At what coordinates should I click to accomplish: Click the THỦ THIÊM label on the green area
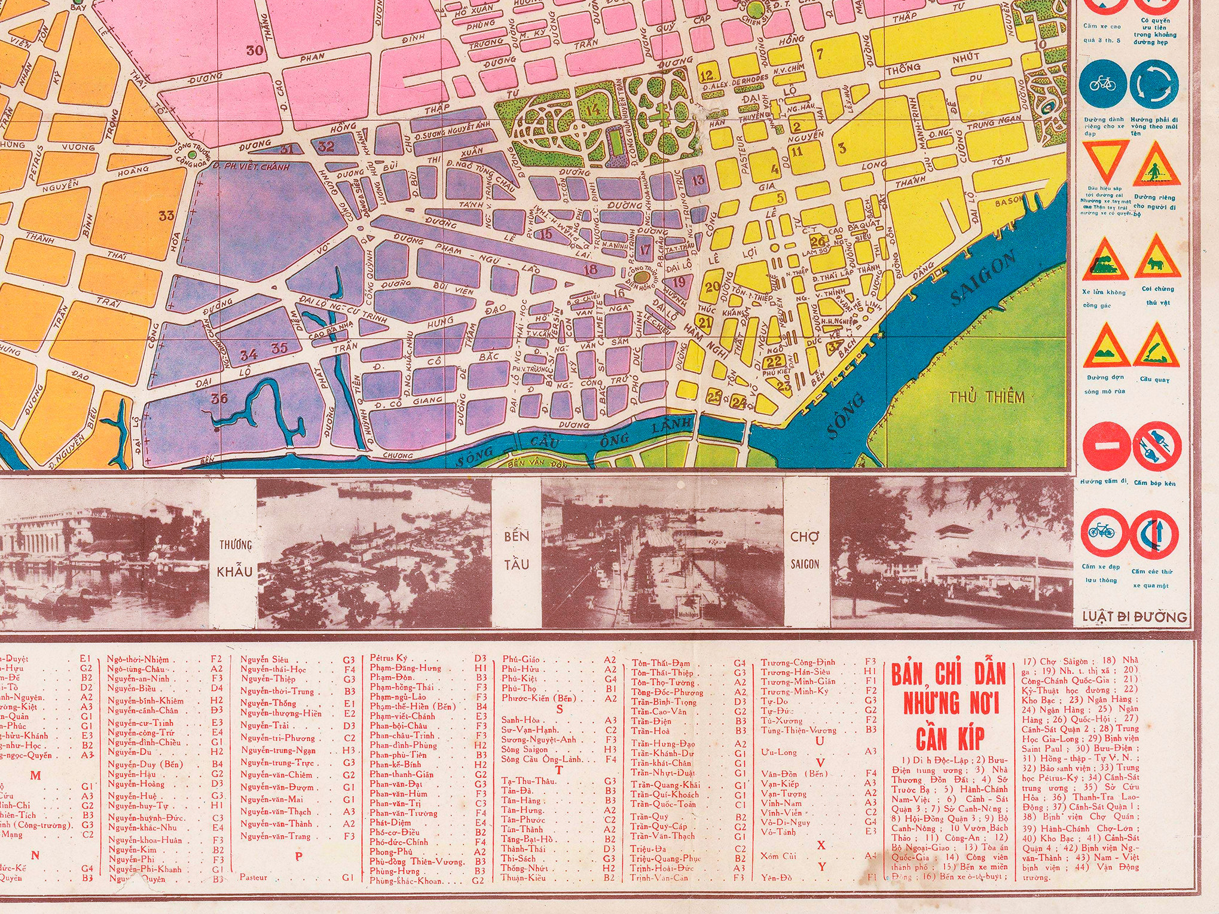point(986,398)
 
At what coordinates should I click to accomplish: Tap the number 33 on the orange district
point(166,215)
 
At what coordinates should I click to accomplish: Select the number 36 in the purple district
point(219,398)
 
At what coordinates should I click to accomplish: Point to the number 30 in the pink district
point(255,50)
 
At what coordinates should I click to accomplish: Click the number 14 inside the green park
point(593,110)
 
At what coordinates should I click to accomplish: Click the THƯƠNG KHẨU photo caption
point(234,557)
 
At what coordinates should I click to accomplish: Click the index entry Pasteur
point(253,878)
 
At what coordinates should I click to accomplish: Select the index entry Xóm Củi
point(778,856)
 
